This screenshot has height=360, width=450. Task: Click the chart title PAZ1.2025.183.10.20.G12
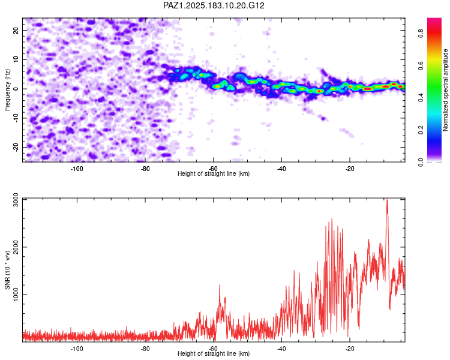pos(214,5)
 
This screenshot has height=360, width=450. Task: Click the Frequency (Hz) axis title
pos(7,90)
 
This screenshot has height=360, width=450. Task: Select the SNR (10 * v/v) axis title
pos(7,270)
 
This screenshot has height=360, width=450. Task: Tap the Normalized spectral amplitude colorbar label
pos(445,89)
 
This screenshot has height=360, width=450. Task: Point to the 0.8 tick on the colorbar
pos(421,34)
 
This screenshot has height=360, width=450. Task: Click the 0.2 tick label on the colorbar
pos(421,130)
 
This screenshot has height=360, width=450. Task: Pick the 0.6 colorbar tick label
pos(421,66)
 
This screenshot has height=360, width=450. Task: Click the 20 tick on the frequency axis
pos(16,30)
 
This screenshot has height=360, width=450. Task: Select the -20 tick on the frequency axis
pos(16,148)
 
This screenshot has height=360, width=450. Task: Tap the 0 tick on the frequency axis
pos(16,89)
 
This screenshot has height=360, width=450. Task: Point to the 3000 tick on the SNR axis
pos(16,200)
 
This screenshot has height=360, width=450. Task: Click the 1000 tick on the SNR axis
pos(16,295)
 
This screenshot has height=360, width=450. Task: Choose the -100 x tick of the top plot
pos(77,169)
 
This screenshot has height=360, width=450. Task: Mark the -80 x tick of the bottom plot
pos(145,349)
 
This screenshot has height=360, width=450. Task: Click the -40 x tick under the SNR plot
pos(281,349)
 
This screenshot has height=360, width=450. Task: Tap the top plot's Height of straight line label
pos(214,173)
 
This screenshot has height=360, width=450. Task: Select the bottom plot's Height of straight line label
pos(214,353)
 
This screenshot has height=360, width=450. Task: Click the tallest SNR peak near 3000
pos(387,199)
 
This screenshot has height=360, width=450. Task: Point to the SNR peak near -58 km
pos(220,286)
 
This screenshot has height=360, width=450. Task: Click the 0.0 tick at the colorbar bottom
pos(421,163)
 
